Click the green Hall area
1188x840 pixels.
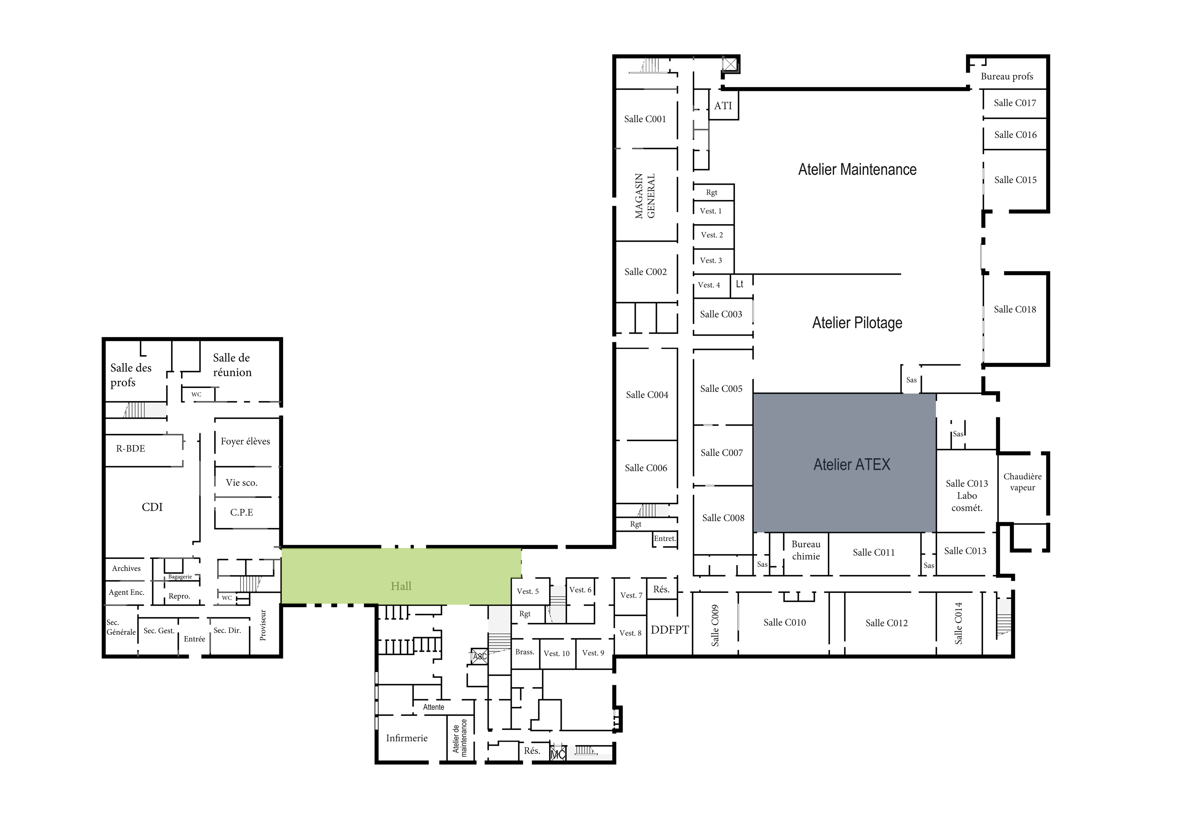click(401, 576)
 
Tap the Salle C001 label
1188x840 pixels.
click(645, 119)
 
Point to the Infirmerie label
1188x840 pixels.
click(407, 738)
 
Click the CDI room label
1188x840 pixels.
click(152, 507)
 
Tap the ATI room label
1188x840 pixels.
click(723, 105)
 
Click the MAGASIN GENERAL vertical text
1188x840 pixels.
click(645, 196)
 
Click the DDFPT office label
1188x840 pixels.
click(670, 630)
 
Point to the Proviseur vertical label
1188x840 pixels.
click(262, 625)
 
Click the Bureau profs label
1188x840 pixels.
click(1007, 77)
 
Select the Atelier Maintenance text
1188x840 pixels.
click(857, 169)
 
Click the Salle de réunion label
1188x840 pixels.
click(232, 365)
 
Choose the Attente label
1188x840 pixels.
click(434, 707)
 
